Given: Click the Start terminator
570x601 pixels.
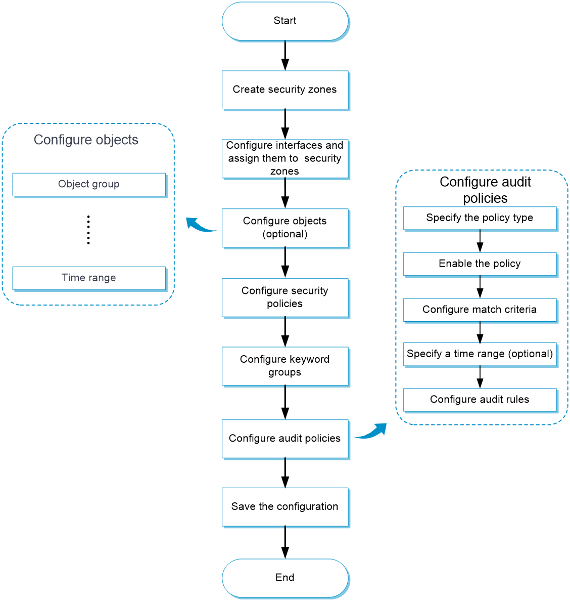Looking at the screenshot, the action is [x=285, y=21].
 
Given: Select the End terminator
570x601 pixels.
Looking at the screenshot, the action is [x=285, y=578].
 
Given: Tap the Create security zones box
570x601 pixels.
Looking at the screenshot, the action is [x=285, y=90].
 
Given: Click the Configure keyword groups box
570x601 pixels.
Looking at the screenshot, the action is [x=285, y=366].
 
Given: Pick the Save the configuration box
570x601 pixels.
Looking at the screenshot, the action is [x=285, y=507].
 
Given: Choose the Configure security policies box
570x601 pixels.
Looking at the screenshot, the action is [x=285, y=298].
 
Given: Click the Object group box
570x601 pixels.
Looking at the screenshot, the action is [x=89, y=185].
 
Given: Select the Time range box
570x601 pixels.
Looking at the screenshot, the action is [x=89, y=278].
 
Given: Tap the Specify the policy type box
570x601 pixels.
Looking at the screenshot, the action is [x=480, y=219].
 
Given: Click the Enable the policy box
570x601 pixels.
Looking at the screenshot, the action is [x=480, y=264].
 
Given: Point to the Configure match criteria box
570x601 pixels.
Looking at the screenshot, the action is [x=480, y=310].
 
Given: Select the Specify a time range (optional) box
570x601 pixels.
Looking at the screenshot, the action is [x=480, y=355].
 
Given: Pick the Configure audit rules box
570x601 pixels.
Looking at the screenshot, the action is [x=480, y=400].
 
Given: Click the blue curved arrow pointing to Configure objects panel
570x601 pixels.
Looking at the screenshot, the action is [x=199, y=226].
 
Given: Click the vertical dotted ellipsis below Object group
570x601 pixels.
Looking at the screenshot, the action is [x=88, y=230].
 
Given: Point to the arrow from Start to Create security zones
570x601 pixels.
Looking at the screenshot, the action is [x=285, y=56].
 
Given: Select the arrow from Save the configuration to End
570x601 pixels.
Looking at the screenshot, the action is [x=285, y=542].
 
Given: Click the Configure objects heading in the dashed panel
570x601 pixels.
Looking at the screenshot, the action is [x=86, y=140].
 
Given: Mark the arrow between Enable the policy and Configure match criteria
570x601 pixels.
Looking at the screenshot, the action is [x=480, y=287].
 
